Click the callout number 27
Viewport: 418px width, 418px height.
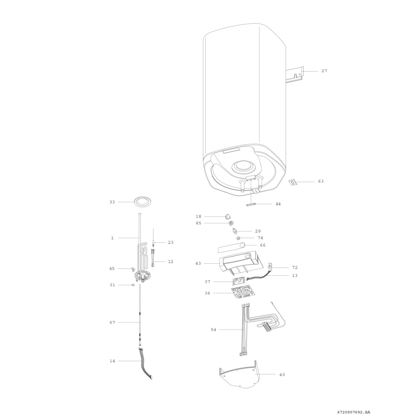(324, 71)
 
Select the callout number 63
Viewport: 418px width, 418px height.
(321, 181)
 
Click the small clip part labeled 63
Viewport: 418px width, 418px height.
(293, 182)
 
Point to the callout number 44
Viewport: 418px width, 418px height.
(278, 204)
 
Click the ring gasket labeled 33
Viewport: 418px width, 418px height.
(142, 202)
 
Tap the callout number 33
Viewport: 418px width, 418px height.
(112, 202)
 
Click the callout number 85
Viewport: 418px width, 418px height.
(199, 223)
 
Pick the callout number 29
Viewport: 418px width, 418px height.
(258, 231)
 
